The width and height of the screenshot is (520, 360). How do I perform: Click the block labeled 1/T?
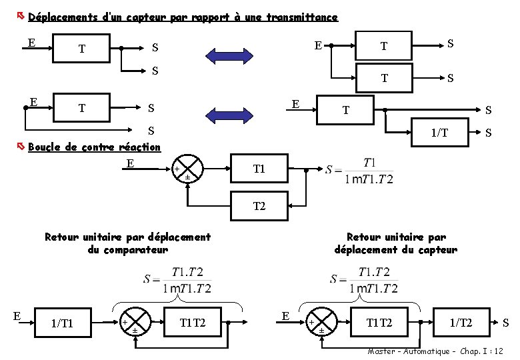tap(439, 133)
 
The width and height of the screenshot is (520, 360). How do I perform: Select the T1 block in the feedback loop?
tap(259, 169)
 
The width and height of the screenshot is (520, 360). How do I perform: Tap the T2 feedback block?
tap(259, 206)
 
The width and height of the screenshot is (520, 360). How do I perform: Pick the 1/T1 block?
tap(62, 323)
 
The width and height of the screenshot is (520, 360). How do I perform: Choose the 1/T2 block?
tap(461, 323)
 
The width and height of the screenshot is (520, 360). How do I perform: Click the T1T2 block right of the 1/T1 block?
tap(193, 323)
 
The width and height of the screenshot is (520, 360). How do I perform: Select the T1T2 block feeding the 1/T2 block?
tap(379, 323)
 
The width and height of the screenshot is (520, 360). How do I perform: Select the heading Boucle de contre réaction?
tap(95, 147)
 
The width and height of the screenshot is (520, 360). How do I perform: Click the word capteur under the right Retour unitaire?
tap(437, 250)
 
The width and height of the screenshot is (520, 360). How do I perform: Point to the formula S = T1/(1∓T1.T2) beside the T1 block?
tap(360, 171)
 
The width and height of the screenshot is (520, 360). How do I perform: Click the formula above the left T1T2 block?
tap(178, 279)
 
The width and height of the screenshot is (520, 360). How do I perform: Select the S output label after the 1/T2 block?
tap(506, 323)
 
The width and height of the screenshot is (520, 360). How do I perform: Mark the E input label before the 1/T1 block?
tap(17, 315)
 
